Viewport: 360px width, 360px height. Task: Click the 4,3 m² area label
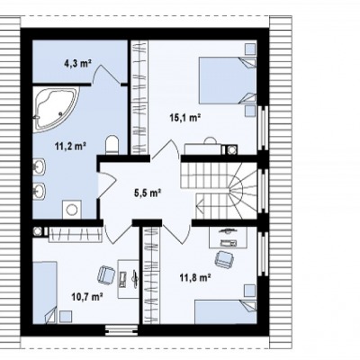click(x=77, y=63)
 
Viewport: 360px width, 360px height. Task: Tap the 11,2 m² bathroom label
click(x=70, y=146)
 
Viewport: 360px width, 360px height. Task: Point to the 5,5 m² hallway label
click(x=147, y=193)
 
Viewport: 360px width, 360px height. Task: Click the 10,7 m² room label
click(x=87, y=297)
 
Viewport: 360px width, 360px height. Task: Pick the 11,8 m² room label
click(x=194, y=278)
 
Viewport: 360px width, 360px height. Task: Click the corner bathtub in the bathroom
click(x=56, y=110)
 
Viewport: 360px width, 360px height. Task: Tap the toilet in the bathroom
click(x=112, y=145)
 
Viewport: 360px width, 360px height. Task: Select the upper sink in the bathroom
click(x=40, y=166)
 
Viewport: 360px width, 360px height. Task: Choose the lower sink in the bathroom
click(x=40, y=191)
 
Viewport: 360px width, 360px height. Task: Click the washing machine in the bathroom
click(x=71, y=210)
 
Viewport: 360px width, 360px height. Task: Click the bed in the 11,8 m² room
click(x=226, y=311)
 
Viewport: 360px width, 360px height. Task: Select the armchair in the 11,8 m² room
click(x=223, y=258)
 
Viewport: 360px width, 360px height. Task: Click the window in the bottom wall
click(x=122, y=330)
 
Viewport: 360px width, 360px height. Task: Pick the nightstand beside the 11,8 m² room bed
click(x=250, y=291)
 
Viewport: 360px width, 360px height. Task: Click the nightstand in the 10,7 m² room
click(x=66, y=317)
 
